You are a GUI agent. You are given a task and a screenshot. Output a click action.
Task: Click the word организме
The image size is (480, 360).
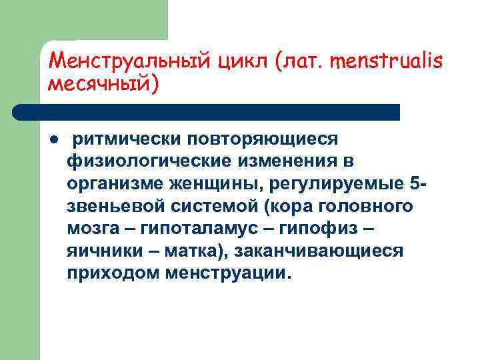point(109,183)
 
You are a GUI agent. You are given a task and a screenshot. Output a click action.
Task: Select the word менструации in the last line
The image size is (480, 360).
point(230,274)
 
